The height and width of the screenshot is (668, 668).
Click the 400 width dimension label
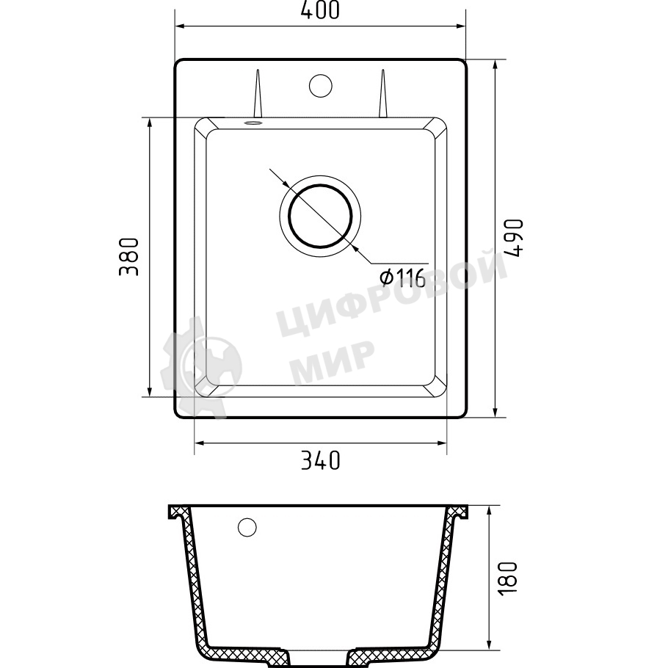320,11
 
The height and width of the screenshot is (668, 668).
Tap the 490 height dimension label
513,238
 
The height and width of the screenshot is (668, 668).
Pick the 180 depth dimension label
507,578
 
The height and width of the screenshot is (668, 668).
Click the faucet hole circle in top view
320,84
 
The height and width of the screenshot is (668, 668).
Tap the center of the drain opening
320,216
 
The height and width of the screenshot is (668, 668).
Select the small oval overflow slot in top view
253,123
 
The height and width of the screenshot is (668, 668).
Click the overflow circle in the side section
247,527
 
